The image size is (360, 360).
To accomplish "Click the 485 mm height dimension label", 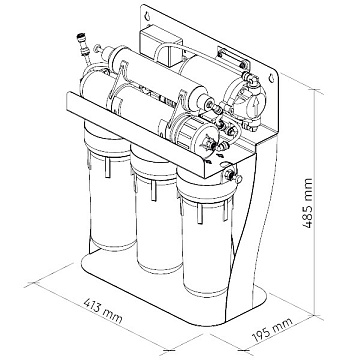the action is [308, 203].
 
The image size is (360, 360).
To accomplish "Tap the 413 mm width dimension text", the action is [103, 311].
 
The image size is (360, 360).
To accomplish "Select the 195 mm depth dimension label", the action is [272, 330].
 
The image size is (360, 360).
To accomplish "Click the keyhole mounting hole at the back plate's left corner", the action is [147, 15].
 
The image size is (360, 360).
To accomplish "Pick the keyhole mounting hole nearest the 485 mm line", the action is [272, 78].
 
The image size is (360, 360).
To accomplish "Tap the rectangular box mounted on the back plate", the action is [160, 47].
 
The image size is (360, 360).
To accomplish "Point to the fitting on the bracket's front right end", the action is [231, 175].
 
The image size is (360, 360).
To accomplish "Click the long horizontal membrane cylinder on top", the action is [160, 77].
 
